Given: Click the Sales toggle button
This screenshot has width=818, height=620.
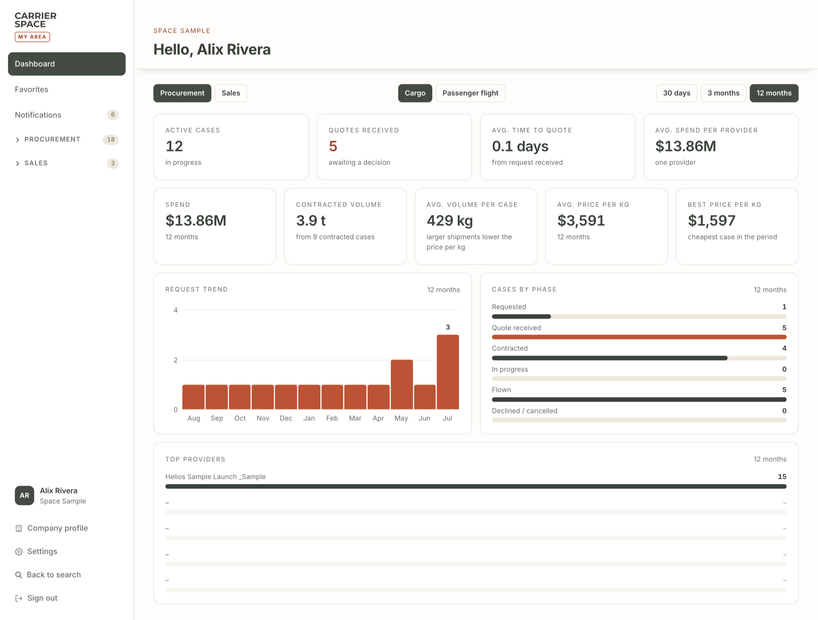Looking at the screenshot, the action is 231,93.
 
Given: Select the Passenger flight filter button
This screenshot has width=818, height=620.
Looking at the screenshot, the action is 470,93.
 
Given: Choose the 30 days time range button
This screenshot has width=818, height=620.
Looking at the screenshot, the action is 677,93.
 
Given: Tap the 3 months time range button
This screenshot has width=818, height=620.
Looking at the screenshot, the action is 723,93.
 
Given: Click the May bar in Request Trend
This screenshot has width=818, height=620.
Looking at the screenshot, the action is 402,384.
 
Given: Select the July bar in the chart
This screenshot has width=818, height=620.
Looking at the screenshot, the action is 448,372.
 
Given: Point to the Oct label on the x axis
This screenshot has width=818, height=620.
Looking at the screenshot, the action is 240,418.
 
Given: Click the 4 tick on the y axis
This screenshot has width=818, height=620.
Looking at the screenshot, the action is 175,310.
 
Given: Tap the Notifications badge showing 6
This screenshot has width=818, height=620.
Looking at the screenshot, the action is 113,115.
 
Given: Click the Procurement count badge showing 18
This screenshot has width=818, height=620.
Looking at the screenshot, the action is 111,140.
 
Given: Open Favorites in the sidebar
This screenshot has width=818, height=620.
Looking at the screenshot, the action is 31,89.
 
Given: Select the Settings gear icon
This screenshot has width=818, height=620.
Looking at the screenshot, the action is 19,552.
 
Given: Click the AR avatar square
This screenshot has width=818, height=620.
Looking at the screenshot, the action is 25,495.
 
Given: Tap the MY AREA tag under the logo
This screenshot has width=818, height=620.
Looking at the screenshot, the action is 32,37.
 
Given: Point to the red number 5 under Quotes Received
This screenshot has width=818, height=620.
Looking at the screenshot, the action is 333,146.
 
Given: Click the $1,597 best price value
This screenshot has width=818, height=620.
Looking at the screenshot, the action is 712,221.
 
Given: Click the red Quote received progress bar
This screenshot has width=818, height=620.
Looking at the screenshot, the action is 639,337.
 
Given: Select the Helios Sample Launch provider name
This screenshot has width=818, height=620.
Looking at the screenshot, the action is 215,477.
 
